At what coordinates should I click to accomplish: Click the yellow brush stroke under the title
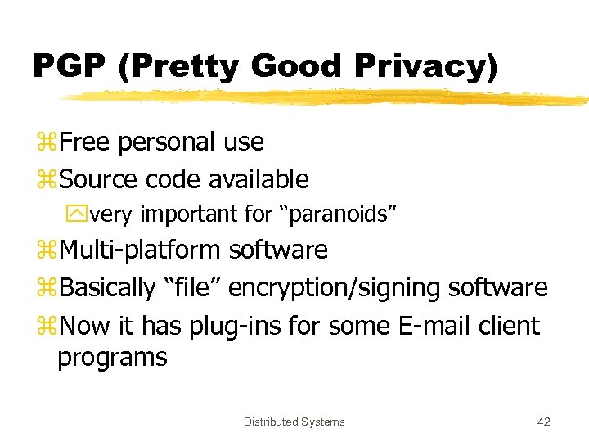click(x=327, y=98)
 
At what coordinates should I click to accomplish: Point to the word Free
click(x=85, y=142)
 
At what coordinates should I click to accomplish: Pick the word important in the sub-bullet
click(x=191, y=214)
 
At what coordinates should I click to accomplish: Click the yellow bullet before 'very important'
click(x=81, y=215)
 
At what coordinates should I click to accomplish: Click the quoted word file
click(x=191, y=287)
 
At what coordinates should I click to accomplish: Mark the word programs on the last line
click(x=112, y=358)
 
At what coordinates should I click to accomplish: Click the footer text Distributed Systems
click(x=294, y=422)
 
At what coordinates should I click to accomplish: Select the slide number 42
click(x=543, y=422)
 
